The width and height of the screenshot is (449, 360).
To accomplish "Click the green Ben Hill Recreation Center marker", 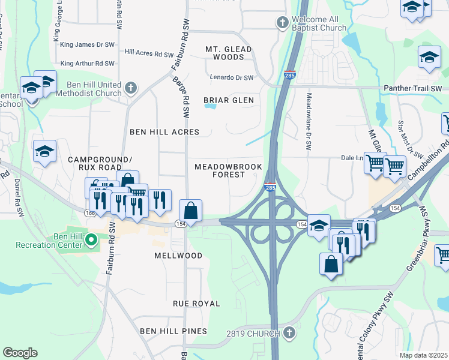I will click(x=91, y=241).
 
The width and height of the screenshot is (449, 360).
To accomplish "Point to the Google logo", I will click(x=20, y=353).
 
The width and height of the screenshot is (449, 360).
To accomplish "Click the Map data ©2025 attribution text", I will click(x=423, y=355).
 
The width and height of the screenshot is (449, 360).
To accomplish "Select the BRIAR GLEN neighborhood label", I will click(x=228, y=100).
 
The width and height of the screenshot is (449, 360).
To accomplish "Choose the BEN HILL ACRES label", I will click(x=164, y=131).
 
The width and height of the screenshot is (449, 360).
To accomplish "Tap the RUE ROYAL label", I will click(x=196, y=304).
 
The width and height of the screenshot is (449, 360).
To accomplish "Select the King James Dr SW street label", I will click(x=88, y=45).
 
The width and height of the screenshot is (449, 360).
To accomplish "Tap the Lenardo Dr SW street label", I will click(x=232, y=77).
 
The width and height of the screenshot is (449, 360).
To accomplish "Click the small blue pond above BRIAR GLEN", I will click(x=209, y=106).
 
